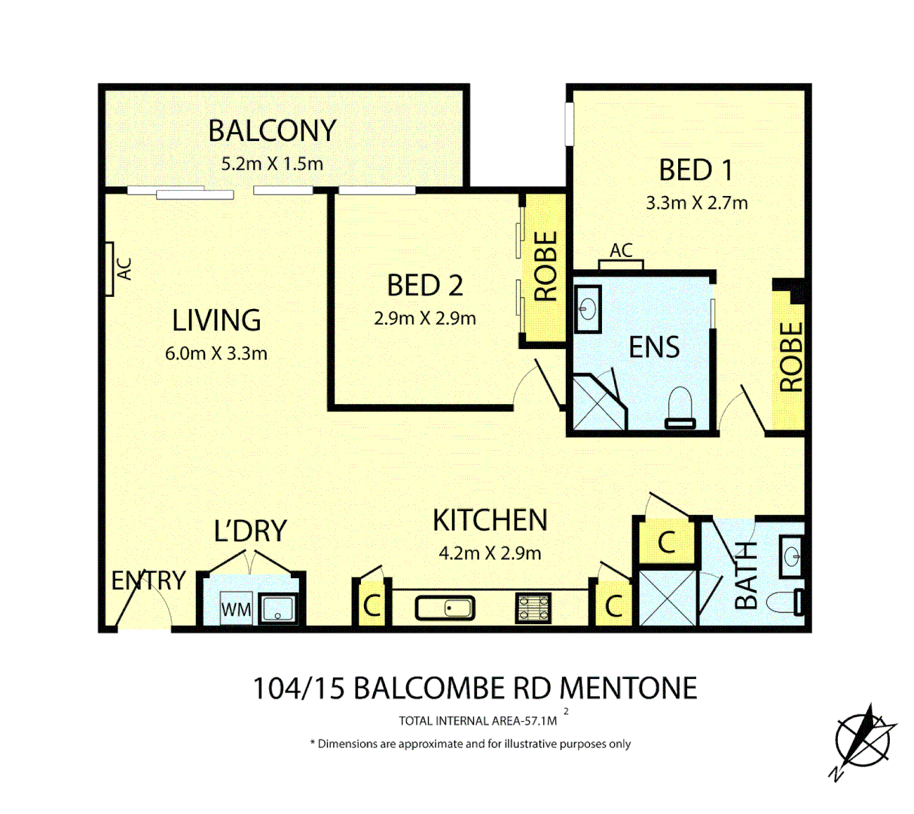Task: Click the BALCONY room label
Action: (x=271, y=131)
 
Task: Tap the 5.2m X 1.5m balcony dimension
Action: (x=271, y=164)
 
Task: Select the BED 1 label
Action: (x=695, y=170)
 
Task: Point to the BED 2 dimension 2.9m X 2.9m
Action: (x=425, y=319)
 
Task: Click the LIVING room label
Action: (x=216, y=321)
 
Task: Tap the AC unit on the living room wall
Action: (x=109, y=268)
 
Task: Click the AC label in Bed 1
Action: (x=621, y=251)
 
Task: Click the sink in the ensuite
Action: (x=587, y=309)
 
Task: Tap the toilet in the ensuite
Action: (x=680, y=408)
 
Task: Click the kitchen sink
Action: (x=445, y=607)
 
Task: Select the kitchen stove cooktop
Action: (x=533, y=607)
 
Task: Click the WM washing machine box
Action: (x=236, y=609)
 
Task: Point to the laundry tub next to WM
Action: (x=278, y=608)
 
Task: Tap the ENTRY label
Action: (x=148, y=580)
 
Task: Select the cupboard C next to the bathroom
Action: (x=666, y=542)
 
